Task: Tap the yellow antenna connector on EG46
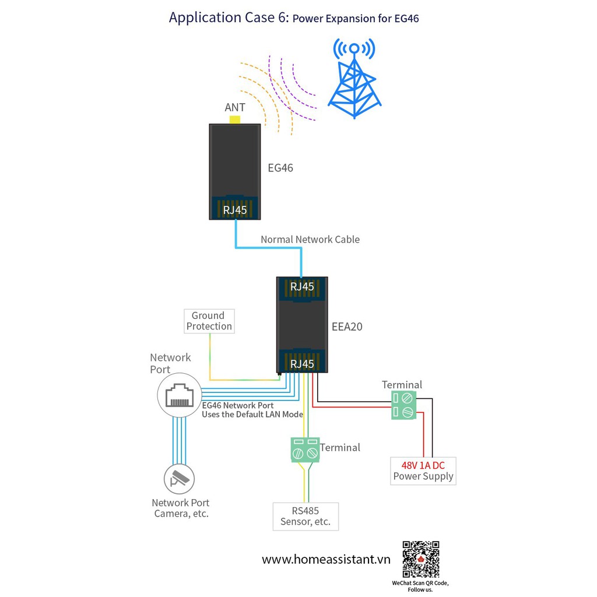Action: pos(235,120)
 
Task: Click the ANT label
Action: pos(235,107)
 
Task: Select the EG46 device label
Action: pos(280,168)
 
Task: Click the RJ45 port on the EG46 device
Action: pos(235,209)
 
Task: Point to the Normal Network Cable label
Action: pos(310,239)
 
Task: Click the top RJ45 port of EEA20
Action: pos(302,286)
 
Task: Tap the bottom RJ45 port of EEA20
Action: pos(302,363)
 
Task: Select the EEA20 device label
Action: pos(347,326)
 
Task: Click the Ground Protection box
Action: pos(209,321)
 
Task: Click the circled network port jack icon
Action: pos(179,395)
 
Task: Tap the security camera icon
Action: pos(179,479)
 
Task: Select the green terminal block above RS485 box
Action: pos(305,449)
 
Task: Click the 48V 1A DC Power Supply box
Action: pos(423,471)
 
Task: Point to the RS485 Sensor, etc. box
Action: pos(305,516)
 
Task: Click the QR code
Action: pos(420,559)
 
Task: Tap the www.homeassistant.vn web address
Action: pos(325,560)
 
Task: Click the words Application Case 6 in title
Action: pos(228,17)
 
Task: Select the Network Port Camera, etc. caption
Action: pos(181,508)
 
